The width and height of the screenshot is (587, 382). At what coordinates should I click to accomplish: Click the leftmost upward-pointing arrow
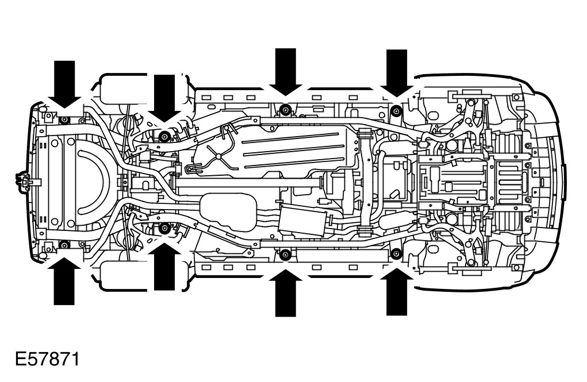tap(64, 281)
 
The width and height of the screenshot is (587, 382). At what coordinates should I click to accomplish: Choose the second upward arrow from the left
tap(164, 267)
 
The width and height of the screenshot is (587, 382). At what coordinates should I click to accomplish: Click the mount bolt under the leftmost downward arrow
tap(64, 119)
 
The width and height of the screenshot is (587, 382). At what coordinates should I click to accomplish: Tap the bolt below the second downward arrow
tap(164, 136)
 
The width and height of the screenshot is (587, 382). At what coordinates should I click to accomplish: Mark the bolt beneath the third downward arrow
tap(285, 109)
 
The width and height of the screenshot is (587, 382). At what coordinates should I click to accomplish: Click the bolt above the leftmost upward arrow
tap(64, 245)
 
